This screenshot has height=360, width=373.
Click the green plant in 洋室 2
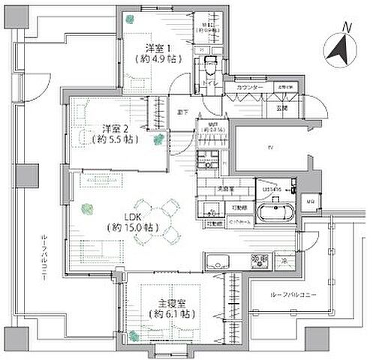pyautogui.click(x=158, y=139)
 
